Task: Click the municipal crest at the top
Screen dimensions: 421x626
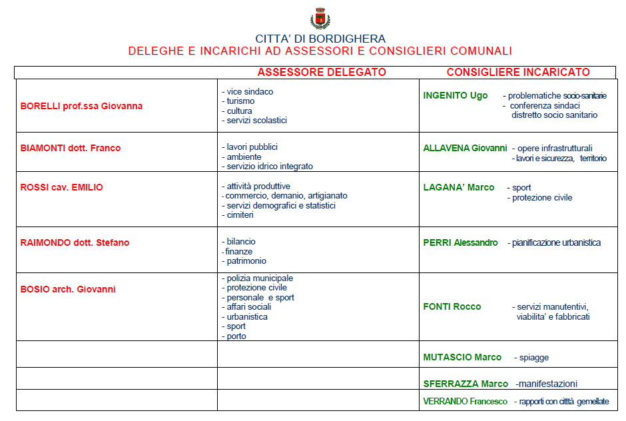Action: pos(320,18)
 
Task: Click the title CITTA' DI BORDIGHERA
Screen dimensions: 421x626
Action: pos(320,39)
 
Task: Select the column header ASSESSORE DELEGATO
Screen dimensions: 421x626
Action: pos(322,72)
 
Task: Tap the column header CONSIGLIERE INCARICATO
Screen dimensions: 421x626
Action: pos(518,72)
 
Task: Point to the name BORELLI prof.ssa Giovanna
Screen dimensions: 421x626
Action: pos(81,106)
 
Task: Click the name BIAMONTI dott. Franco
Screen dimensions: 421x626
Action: pos(71,148)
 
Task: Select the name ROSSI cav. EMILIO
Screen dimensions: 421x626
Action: pos(62,187)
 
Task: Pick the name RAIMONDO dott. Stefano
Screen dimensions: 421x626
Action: pos(75,242)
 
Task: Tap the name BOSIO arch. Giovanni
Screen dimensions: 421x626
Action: pos(68,289)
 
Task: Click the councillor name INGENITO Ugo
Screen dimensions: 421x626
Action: pos(456,95)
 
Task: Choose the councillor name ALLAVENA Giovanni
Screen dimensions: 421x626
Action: pos(465,148)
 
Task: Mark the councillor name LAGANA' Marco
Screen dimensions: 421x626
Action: pos(459,187)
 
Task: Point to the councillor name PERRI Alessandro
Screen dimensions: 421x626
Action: pos(460,242)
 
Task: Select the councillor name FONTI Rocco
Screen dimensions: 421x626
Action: pos(452,306)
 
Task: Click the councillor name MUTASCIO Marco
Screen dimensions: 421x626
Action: pos(462,357)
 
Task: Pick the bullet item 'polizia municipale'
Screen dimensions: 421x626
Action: pos(260,278)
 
